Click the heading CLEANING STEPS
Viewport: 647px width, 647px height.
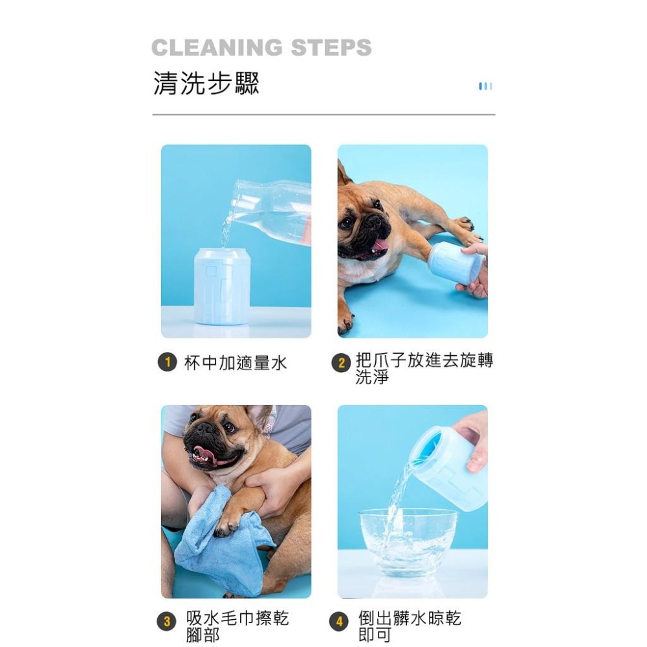pyautogui.click(x=261, y=48)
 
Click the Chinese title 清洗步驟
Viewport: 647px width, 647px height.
pyautogui.click(x=206, y=83)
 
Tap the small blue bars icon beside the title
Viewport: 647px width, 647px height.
pyautogui.click(x=485, y=86)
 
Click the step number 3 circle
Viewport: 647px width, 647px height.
pyautogui.click(x=167, y=622)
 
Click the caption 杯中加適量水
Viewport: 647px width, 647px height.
pyautogui.click(x=236, y=363)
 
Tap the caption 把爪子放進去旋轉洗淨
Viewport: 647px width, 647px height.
pyautogui.click(x=424, y=369)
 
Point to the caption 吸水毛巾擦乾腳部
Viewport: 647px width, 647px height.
pyautogui.click(x=237, y=626)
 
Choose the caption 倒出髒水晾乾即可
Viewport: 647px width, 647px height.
pyautogui.click(x=409, y=626)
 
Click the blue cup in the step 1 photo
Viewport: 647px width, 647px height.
pyautogui.click(x=222, y=286)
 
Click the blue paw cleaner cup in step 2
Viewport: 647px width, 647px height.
pyautogui.click(x=455, y=263)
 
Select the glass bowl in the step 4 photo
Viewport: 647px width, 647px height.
pyautogui.click(x=408, y=541)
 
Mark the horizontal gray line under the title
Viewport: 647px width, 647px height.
pyautogui.click(x=323, y=115)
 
